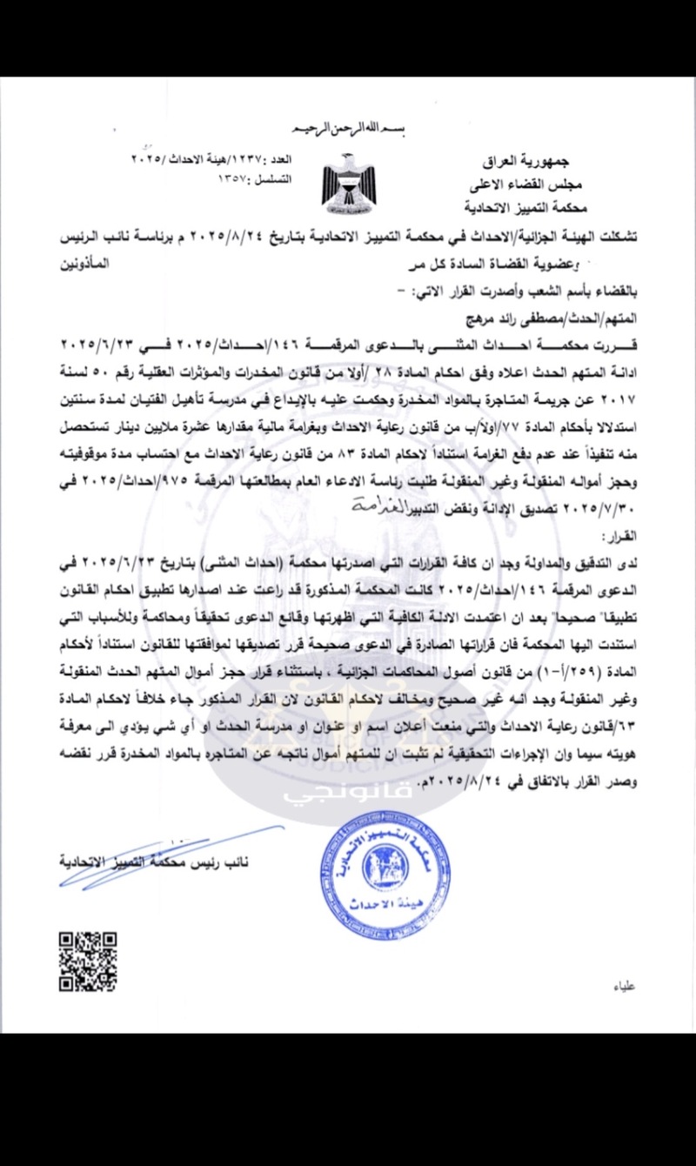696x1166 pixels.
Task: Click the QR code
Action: pos(87,962)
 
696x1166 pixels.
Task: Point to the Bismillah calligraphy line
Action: pos(347,131)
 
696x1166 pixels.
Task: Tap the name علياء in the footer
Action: pos(624,988)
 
